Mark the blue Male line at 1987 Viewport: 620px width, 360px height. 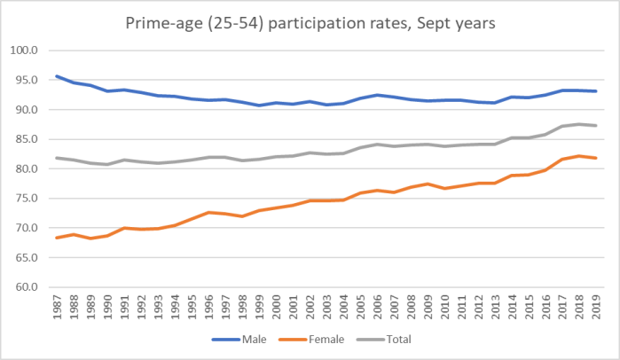click(x=57, y=76)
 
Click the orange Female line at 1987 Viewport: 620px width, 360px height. click(x=57, y=238)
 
